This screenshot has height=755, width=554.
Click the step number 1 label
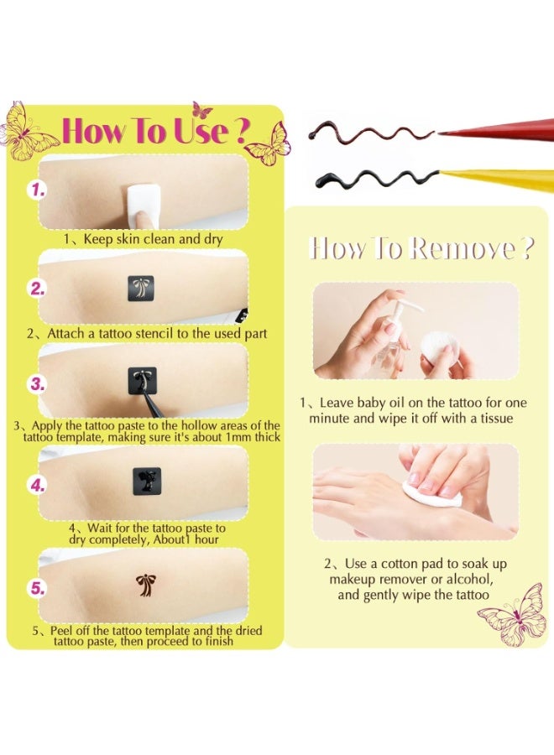(x=38, y=190)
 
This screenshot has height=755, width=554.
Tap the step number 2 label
(x=38, y=289)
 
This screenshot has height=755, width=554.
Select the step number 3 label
(x=38, y=384)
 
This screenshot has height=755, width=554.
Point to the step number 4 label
(x=38, y=484)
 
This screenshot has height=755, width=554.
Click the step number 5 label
(x=38, y=587)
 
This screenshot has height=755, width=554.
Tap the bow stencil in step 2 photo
(x=140, y=289)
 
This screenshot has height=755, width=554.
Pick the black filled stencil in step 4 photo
(x=146, y=481)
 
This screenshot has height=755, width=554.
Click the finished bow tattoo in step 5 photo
(x=148, y=585)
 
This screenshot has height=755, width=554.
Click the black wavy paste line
(x=374, y=178)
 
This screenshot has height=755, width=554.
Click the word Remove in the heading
(x=470, y=248)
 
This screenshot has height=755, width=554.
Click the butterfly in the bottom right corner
(x=511, y=614)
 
